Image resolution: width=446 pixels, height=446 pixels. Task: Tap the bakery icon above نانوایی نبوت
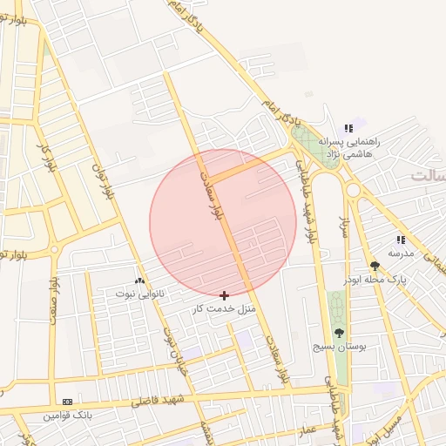point(139,280)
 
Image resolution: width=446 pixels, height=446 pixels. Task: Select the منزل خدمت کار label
point(224,308)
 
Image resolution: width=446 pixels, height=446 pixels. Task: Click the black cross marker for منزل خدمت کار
point(225,296)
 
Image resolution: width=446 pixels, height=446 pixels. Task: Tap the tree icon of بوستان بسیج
point(339,333)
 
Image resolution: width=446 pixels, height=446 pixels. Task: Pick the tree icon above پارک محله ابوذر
point(375,266)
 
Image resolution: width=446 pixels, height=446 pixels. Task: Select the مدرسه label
point(401,253)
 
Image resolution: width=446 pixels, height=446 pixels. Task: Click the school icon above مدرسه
point(401,240)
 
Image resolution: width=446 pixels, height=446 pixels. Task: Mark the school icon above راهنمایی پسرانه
point(349,128)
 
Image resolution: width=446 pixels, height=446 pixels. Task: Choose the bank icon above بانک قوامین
point(67,402)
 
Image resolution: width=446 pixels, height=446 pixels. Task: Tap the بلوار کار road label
point(45,157)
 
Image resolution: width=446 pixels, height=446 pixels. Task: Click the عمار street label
point(308,430)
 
